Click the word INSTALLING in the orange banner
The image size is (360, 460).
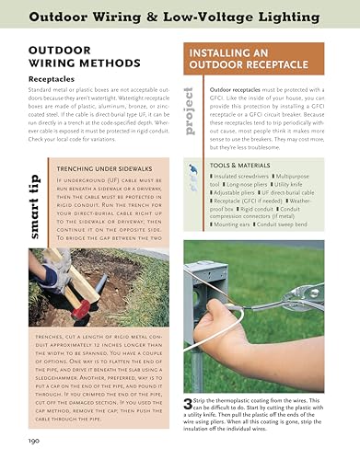pos(224,52)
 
